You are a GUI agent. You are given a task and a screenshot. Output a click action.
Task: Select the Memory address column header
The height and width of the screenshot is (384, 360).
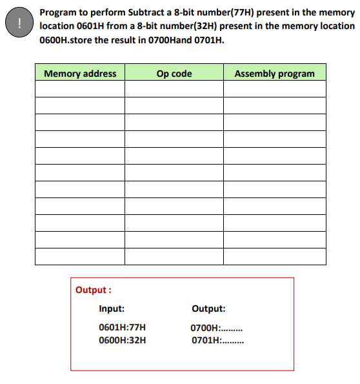(80, 74)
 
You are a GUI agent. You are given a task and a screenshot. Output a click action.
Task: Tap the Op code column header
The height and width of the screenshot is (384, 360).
(174, 74)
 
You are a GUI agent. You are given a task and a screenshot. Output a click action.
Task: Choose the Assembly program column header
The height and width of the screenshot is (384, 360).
(274, 74)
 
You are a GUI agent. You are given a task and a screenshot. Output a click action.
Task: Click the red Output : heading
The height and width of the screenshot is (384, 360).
(94, 290)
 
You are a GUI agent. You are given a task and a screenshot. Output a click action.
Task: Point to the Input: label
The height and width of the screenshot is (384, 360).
(112, 309)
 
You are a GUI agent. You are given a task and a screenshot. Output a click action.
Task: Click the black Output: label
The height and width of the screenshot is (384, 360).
(208, 309)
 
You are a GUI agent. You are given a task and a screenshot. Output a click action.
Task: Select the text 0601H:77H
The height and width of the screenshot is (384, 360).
(122, 328)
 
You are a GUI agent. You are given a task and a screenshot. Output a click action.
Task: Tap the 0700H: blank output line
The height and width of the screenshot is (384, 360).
(216, 328)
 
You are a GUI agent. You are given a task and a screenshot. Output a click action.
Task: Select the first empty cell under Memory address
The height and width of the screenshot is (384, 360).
(80, 88)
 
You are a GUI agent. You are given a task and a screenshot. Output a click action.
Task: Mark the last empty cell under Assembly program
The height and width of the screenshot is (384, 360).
(274, 256)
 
